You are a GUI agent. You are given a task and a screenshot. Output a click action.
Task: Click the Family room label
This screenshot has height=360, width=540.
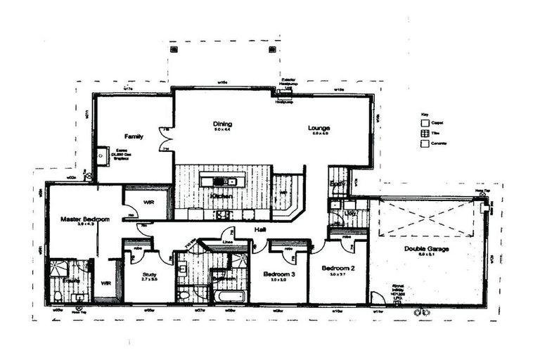pyautogui.click(x=134, y=136)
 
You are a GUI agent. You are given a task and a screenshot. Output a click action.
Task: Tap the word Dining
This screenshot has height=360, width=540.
pyautogui.click(x=222, y=124)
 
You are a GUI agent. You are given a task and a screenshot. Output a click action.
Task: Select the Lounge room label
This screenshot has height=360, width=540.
pyautogui.click(x=319, y=128)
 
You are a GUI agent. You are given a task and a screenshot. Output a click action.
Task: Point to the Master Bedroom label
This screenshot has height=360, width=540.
pyautogui.click(x=84, y=219)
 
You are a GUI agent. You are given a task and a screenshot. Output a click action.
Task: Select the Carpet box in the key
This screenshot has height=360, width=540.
pyautogui.click(x=423, y=123)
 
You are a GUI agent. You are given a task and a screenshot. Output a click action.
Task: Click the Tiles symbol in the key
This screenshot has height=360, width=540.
pyautogui.click(x=423, y=133)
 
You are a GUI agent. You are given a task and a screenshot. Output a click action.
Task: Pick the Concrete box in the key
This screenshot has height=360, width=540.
pyautogui.click(x=423, y=143)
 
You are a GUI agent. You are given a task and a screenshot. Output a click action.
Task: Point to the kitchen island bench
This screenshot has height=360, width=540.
pyautogui.click(x=222, y=181)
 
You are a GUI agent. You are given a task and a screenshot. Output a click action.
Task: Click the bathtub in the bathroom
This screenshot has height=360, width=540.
pyautogui.click(x=229, y=296)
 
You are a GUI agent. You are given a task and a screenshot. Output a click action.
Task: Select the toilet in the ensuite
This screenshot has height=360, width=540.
pyautogui.click(x=58, y=296)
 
